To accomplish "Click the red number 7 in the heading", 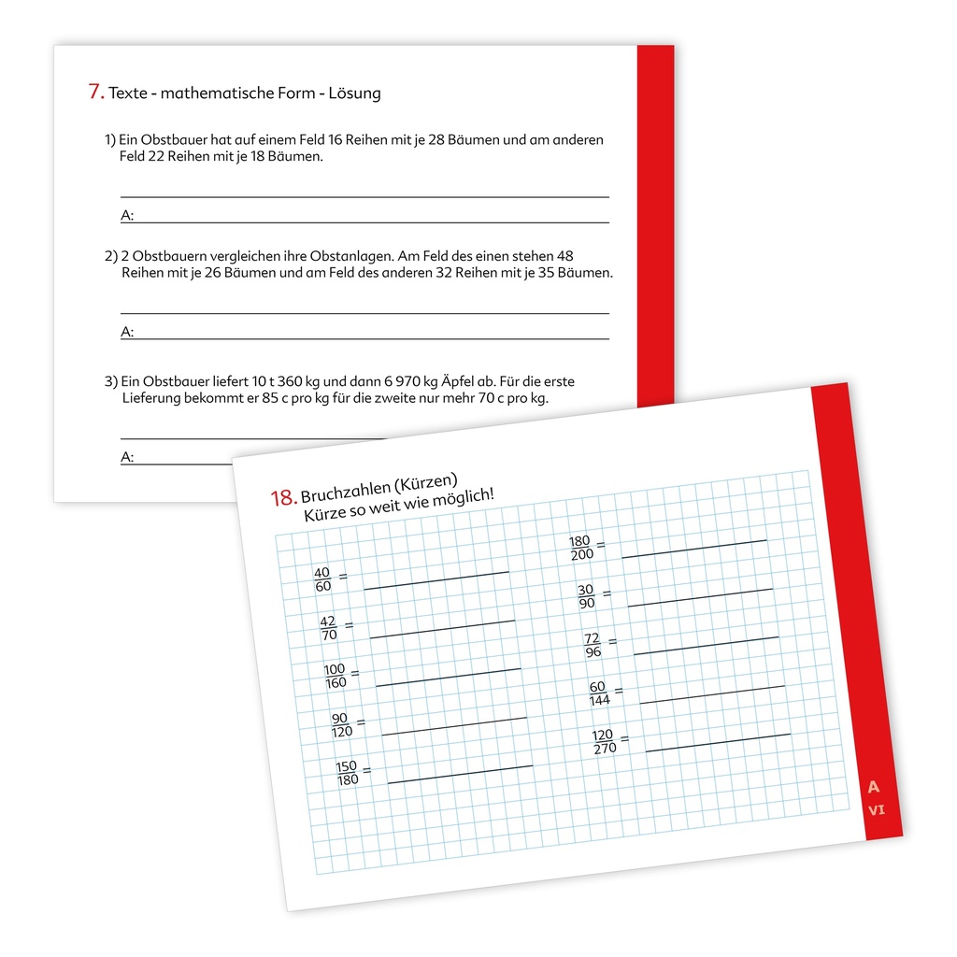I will tap(94, 92).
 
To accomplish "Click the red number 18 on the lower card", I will tap(283, 498).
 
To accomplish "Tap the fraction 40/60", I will tap(322, 579).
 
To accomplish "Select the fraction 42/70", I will tap(328, 628).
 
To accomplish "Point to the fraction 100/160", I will tap(335, 676).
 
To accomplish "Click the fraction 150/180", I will tap(347, 773).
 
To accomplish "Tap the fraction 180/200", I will tap(580, 548).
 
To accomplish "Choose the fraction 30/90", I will tap(586, 596).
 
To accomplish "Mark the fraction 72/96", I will tap(592, 645).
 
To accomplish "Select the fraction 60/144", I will tap(598, 693).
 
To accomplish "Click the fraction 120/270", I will tap(604, 742).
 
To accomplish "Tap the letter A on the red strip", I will tap(874, 786).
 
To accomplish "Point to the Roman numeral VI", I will tap(877, 810).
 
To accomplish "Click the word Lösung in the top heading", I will tap(356, 93).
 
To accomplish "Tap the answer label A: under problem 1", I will tap(128, 216).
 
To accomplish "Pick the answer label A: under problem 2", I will tap(128, 332).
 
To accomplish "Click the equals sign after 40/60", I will tap(343, 577).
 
